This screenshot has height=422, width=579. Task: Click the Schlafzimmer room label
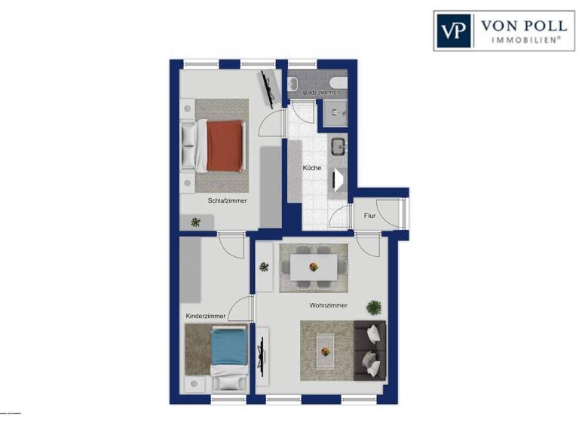[228, 200]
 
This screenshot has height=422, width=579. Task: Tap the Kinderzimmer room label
[205, 316]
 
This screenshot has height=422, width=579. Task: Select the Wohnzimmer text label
[328, 305]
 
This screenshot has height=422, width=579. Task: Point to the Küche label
[312, 167]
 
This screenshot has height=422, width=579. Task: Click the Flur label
[369, 216]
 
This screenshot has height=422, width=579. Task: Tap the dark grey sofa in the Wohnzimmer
[370, 348]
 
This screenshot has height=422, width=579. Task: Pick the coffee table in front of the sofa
[326, 350]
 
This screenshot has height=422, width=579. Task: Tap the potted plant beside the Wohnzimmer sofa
[374, 307]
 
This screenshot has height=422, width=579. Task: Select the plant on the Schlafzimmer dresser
[196, 222]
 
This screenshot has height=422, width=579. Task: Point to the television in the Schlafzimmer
[267, 88]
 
